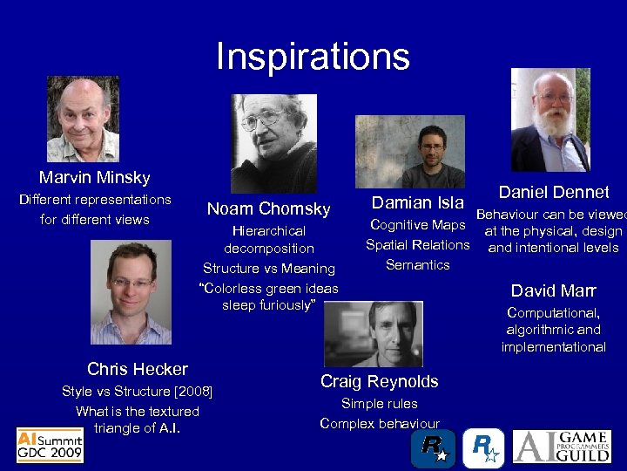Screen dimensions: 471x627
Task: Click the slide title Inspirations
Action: click(x=313, y=57)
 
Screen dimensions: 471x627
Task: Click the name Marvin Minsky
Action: click(x=94, y=178)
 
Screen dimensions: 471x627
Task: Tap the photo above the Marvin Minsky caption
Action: click(x=83, y=119)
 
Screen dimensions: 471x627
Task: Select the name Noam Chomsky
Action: click(x=268, y=208)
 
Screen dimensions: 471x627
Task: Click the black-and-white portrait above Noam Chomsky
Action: click(x=273, y=143)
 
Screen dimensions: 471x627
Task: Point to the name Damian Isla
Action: click(x=417, y=203)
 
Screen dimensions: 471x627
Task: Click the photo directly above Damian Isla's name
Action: click(x=417, y=152)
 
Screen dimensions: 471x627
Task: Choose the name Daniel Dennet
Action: click(x=553, y=192)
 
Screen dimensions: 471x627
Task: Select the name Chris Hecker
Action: click(x=138, y=369)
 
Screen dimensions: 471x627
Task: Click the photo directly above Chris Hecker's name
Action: click(x=131, y=292)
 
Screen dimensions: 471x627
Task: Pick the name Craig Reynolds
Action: click(x=379, y=381)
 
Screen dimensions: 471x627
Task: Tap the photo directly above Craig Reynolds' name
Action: click(x=374, y=333)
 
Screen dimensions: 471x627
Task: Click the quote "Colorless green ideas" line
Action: click(x=268, y=288)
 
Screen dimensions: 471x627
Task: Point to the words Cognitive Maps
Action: click(x=418, y=226)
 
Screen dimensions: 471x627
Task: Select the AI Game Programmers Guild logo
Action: click(x=567, y=445)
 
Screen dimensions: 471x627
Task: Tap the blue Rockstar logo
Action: click(x=482, y=447)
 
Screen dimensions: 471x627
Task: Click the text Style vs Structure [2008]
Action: click(x=138, y=392)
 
